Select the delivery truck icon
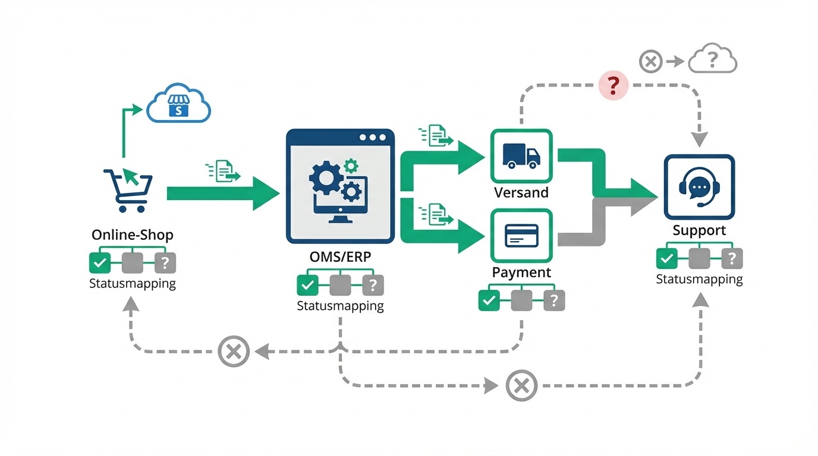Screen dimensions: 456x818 tap(521, 156)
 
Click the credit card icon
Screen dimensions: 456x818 tap(521, 236)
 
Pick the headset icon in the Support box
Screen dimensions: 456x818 tap(699, 187)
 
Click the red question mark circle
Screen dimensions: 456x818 tap(613, 85)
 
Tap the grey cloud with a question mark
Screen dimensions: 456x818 tap(712, 60)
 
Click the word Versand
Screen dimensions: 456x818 tap(521, 193)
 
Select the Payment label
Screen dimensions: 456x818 tap(521, 273)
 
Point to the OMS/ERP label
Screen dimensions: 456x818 tap(339, 259)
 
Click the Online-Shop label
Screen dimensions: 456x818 tap(133, 235)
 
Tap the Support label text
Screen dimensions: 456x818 tap(699, 230)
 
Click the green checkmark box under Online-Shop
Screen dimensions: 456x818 tap(100, 262)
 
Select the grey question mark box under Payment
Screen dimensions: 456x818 tap(554, 300)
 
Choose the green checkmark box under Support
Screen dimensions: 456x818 tap(667, 258)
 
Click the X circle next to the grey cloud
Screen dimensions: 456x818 tap(651, 61)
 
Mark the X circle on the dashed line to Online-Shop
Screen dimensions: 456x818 tap(234, 351)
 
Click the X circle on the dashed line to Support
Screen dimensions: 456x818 tap(521, 386)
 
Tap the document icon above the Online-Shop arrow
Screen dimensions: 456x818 tap(224, 172)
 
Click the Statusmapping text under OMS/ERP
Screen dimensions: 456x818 tap(340, 306)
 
